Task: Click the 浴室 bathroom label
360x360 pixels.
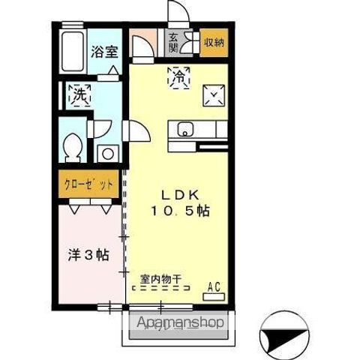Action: [x=103, y=52]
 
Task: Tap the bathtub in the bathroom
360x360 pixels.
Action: [x=73, y=54]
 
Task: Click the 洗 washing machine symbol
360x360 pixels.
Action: [x=79, y=94]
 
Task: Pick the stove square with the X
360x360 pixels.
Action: [x=214, y=94]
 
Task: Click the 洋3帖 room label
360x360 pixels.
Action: [x=85, y=255]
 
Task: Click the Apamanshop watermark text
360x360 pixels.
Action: [x=180, y=323]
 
